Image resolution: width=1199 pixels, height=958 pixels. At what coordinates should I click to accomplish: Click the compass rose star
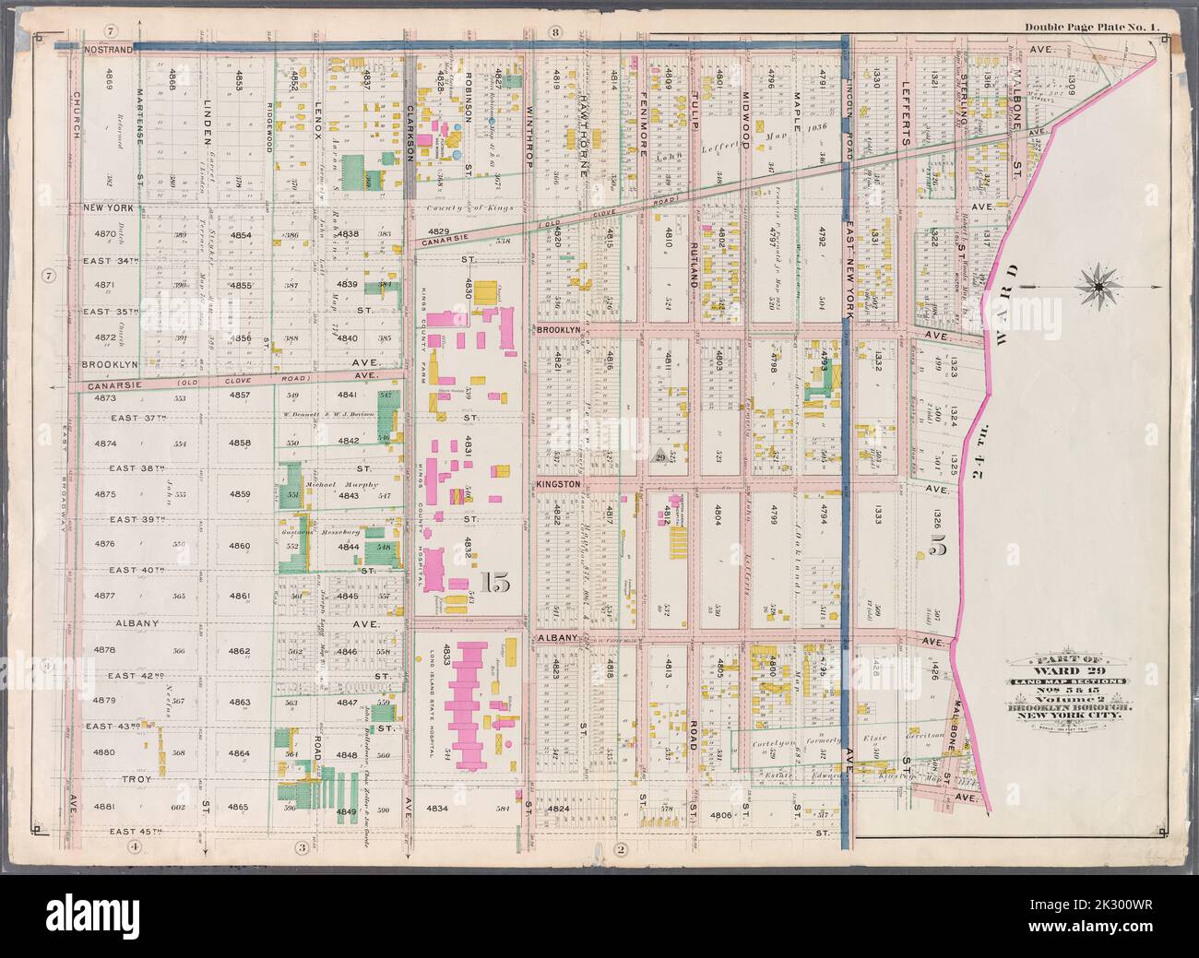(x=1098, y=288)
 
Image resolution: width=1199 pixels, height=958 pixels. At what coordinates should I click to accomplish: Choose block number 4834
(x=437, y=809)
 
